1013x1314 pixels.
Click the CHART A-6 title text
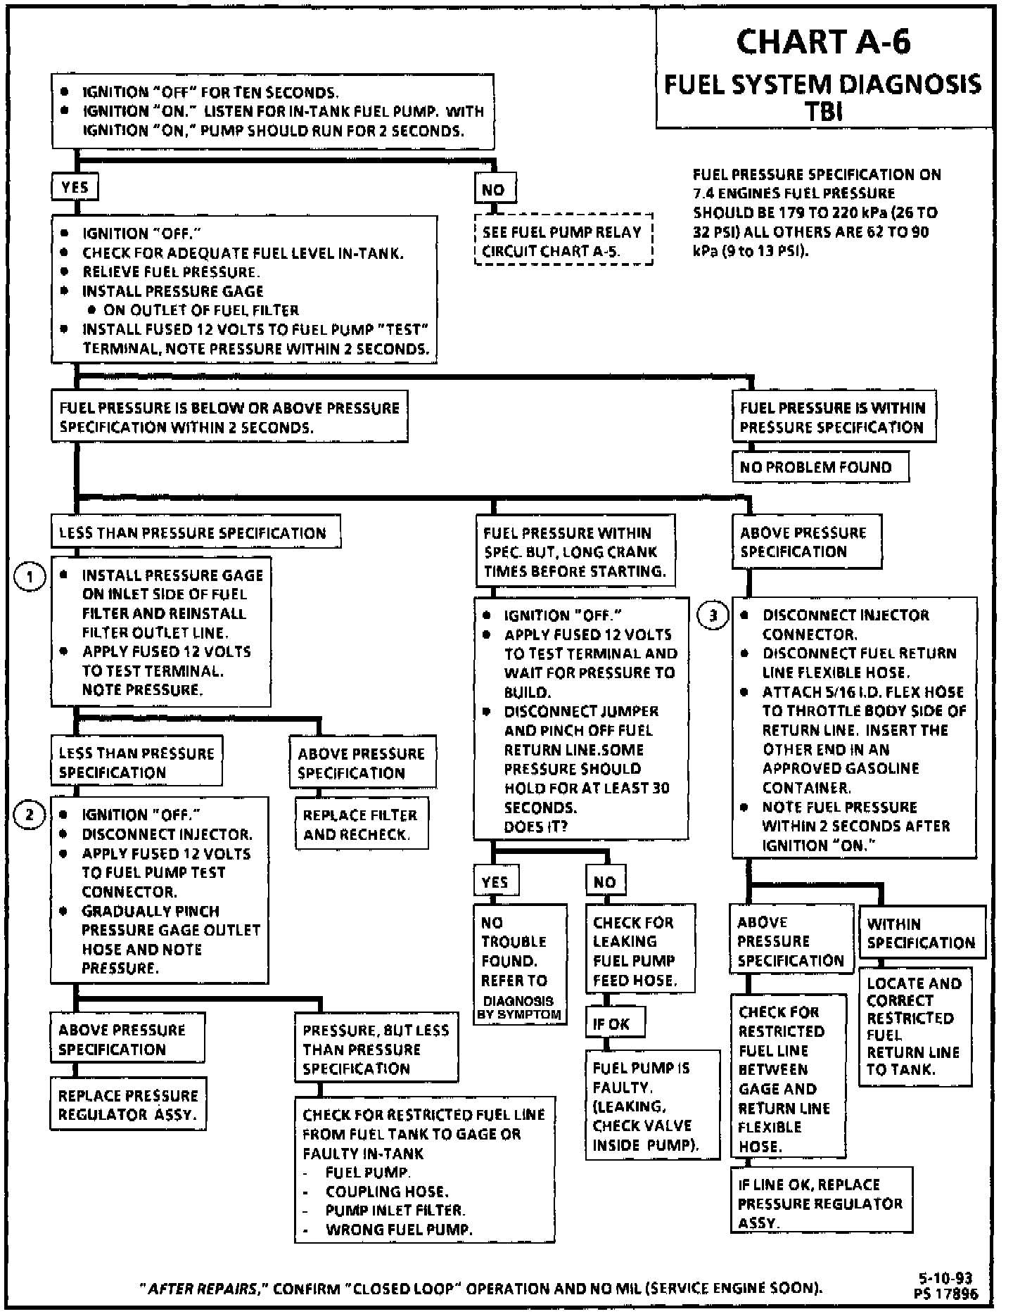coord(823,42)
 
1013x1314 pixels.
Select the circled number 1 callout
coord(30,578)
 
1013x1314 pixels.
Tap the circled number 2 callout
coord(30,815)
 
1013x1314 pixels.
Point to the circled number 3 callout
coord(712,616)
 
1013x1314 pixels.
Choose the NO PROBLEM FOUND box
coord(820,467)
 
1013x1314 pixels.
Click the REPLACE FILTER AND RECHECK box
coord(361,824)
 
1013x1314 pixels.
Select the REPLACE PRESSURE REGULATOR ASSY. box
coord(128,1104)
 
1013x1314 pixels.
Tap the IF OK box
coord(614,1023)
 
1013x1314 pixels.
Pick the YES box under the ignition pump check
coord(75,188)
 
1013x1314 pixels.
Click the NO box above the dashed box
coord(494,189)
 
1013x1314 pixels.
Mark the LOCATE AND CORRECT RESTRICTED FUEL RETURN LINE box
coord(915,1026)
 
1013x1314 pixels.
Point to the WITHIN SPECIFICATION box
coord(921,933)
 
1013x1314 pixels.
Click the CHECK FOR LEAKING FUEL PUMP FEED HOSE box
coord(639,951)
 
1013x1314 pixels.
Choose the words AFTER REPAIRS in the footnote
coord(202,1289)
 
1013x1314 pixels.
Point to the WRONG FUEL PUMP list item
coord(398,1229)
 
